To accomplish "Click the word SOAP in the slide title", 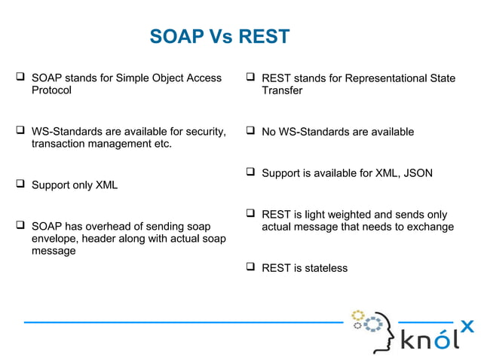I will click(x=173, y=37).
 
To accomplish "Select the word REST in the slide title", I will click(x=263, y=37).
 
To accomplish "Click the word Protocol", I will click(x=51, y=90).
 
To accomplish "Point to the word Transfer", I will click(x=282, y=90).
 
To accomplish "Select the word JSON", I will click(x=418, y=173).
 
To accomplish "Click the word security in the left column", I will click(x=202, y=132).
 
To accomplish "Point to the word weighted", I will click(x=353, y=215).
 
